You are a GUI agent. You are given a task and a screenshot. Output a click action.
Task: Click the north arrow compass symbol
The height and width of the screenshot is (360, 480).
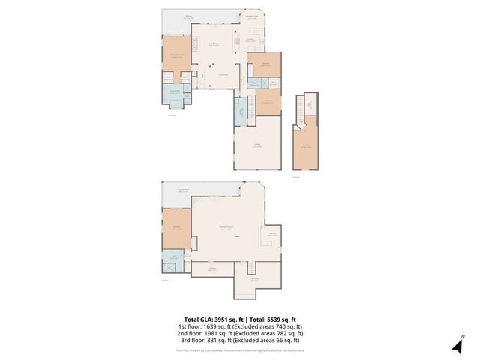pyautogui.click(x=455, y=346)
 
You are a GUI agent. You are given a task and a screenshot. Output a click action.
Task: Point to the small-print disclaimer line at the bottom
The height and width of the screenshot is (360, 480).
pyautogui.click(x=240, y=349)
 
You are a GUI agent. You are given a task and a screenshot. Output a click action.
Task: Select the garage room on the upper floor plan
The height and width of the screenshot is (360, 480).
pyautogui.click(x=257, y=147)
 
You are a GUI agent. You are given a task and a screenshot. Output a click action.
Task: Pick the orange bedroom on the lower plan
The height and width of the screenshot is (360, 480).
pyautogui.click(x=176, y=229)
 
